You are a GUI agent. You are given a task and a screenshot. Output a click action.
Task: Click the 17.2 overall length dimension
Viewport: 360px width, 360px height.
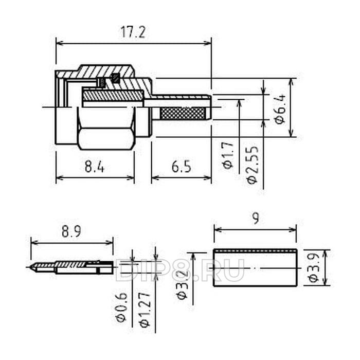point(133,32)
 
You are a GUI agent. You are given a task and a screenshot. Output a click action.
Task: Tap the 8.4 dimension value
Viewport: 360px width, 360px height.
point(94,167)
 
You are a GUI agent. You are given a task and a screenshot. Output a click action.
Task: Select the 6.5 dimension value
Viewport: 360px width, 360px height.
point(181,167)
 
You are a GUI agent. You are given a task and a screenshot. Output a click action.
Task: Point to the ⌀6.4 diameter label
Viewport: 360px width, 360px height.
point(281,109)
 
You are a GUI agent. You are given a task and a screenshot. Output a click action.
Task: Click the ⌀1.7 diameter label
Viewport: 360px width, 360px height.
point(228,155)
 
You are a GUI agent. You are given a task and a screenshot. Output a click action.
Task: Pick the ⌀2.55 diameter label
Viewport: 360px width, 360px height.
point(253,165)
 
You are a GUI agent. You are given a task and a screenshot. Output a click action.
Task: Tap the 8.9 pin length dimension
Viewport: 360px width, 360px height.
point(71,231)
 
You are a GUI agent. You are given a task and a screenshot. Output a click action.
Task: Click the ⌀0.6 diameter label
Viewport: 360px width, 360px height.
point(121,308)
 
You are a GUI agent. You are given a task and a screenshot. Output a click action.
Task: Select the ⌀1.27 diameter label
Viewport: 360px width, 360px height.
point(145,309)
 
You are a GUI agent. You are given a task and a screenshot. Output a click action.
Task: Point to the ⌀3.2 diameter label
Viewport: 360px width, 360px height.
point(183,285)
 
